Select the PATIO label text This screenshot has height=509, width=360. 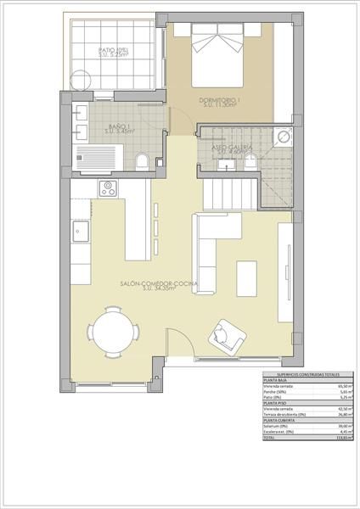tap(113, 50)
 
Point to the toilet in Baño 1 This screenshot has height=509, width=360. tap(143, 159)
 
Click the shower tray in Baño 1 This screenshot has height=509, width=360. tap(95, 157)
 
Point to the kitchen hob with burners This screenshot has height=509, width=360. tap(108, 188)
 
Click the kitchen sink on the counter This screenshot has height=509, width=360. tap(82, 229)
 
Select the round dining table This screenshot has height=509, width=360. tap(113, 329)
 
